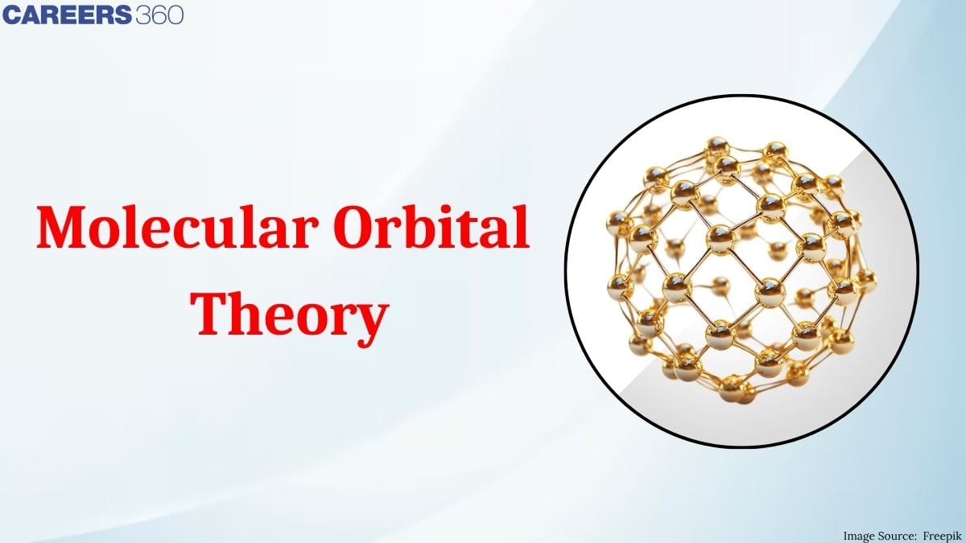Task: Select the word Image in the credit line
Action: tap(859, 535)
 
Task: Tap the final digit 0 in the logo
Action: tap(175, 15)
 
